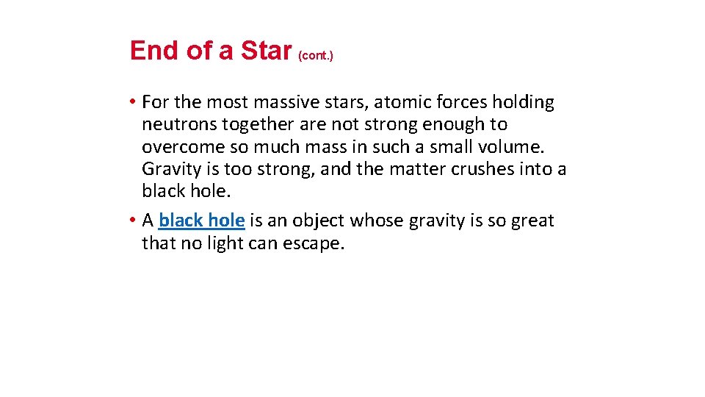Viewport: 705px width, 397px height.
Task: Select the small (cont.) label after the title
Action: pos(316,56)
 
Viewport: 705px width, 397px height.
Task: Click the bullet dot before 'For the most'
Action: pos(133,102)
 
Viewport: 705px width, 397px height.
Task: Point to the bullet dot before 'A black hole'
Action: pos(133,221)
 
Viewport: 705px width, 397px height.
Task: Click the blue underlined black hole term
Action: pos(201,221)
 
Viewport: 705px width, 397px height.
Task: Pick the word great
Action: pos(532,221)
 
